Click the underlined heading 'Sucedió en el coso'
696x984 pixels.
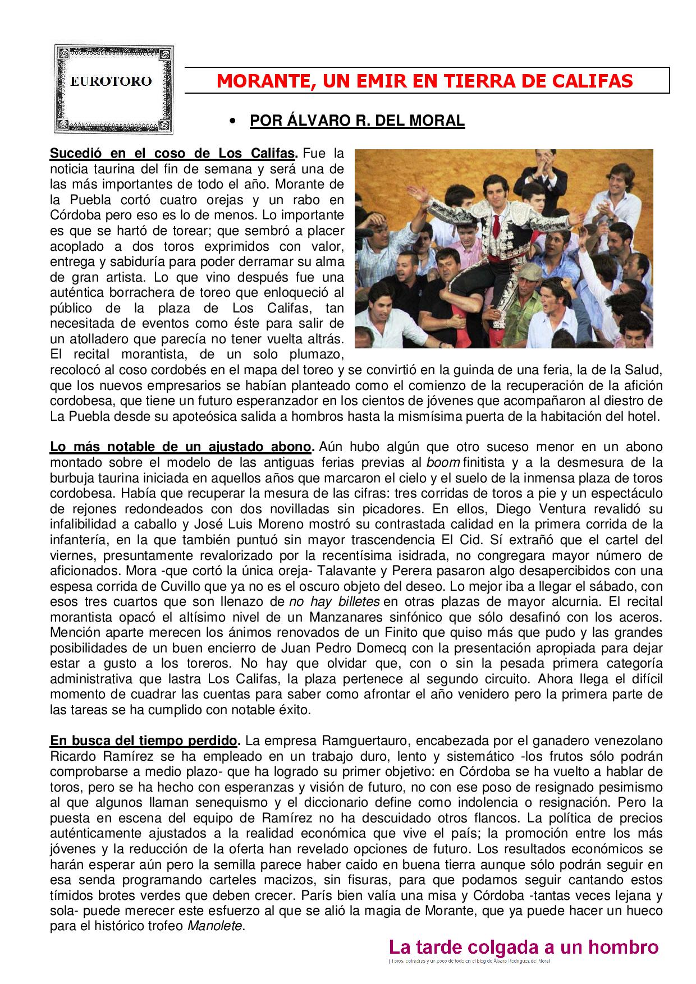[173, 153]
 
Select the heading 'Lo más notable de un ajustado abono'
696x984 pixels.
[181, 447]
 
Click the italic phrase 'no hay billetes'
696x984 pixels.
[335, 602]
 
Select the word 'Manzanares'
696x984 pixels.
[367, 617]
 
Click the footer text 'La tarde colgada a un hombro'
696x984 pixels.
[523, 948]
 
